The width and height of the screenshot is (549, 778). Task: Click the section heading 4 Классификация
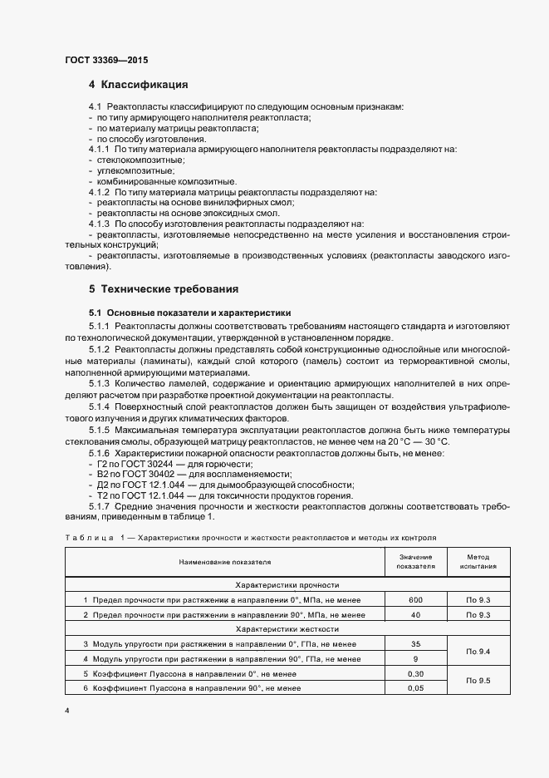(139, 85)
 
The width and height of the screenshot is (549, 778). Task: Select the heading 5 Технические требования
(164, 289)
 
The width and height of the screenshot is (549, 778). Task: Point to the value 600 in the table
(415, 599)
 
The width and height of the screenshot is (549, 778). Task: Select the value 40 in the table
(415, 614)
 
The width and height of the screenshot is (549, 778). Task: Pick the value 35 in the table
(415, 643)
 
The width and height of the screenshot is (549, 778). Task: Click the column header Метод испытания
(478, 562)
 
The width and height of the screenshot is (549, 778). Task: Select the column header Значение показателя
(416, 562)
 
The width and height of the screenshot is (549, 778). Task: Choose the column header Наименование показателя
(223, 562)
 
